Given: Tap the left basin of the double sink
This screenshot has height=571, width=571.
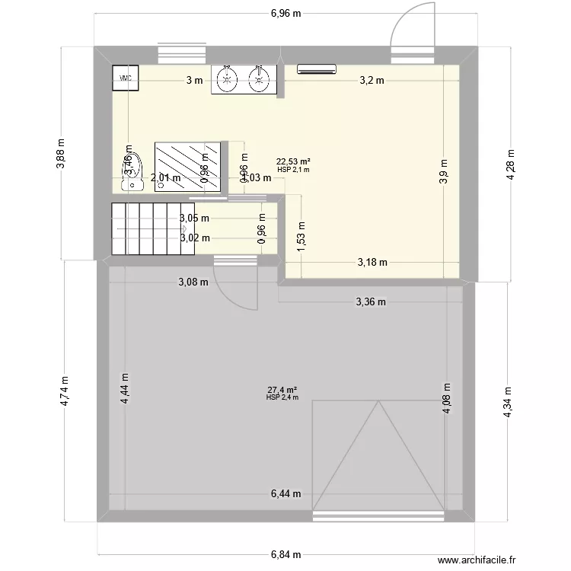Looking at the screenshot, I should pos(226,78).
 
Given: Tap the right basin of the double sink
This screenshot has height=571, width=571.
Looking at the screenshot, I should pos(260,78).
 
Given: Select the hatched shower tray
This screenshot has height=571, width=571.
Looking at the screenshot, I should pos(188,167).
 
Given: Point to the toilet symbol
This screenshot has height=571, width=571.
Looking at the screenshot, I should pos(133,174).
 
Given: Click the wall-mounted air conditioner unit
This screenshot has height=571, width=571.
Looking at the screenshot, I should pos(316,69).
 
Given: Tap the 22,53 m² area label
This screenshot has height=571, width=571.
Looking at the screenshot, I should pos(293,161).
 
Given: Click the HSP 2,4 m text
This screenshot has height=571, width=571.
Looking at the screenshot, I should pos(282,397).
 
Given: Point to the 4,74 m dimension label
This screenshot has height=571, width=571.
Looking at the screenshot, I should pos(65,391).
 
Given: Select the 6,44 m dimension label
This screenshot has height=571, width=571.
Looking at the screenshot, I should pos(285,493).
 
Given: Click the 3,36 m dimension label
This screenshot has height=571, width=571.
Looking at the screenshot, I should pos(371,301).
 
